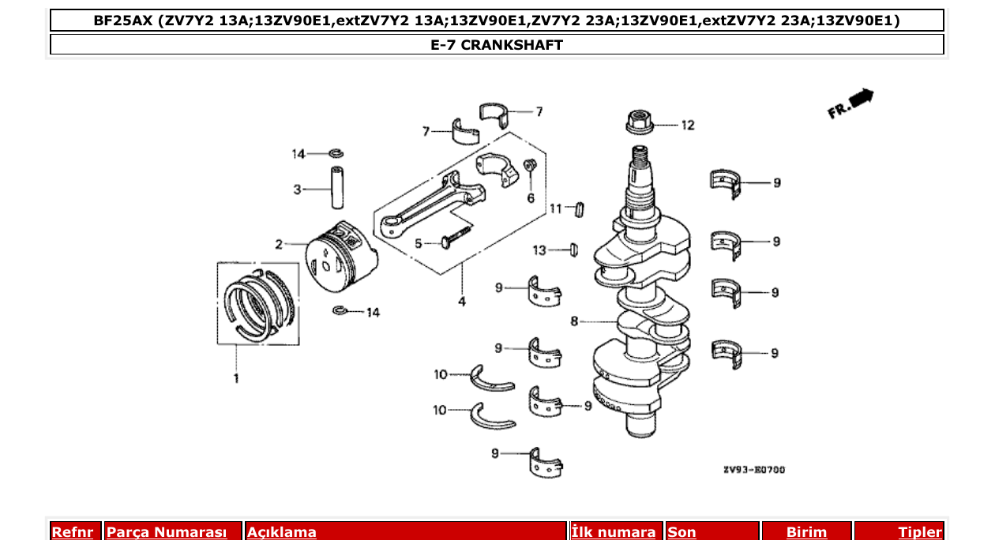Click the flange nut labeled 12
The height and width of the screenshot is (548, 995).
point(638,123)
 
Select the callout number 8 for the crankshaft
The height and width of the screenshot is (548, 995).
point(575,321)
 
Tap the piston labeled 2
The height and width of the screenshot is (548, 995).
point(340,254)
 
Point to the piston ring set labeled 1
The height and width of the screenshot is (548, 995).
point(259,304)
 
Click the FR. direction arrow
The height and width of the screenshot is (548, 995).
point(851,103)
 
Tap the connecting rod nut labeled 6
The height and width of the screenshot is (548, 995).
point(531,167)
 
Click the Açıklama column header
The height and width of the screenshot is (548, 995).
point(282,532)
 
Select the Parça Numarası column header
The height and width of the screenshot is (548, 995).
point(167,532)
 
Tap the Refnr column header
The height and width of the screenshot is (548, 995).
point(73,532)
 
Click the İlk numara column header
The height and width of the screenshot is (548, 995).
point(613,532)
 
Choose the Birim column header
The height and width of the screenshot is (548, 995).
point(806,532)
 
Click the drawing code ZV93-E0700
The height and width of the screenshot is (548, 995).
point(754,470)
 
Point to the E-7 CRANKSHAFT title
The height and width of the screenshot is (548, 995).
point(497,45)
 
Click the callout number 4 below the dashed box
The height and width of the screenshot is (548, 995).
point(462,301)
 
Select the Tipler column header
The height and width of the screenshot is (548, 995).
point(920,532)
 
